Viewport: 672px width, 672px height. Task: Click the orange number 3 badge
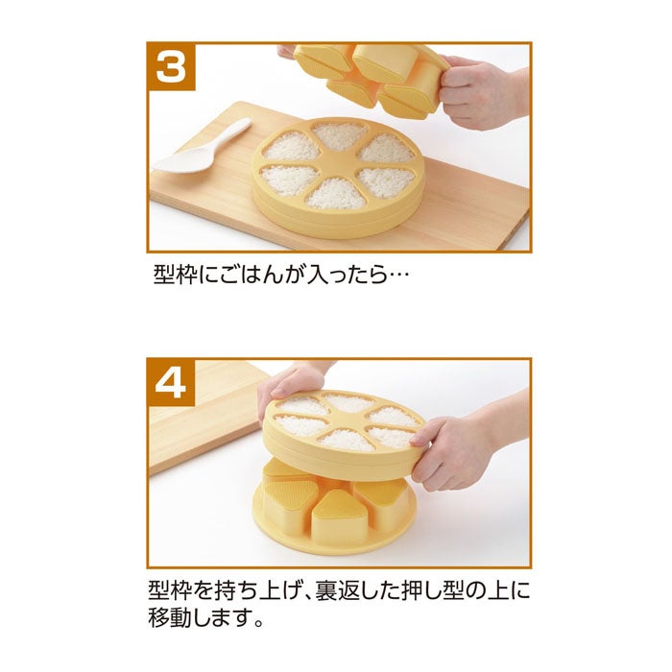[x=172, y=67]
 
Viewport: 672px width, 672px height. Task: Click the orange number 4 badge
[x=172, y=382]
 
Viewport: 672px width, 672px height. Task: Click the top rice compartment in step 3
[x=340, y=136]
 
